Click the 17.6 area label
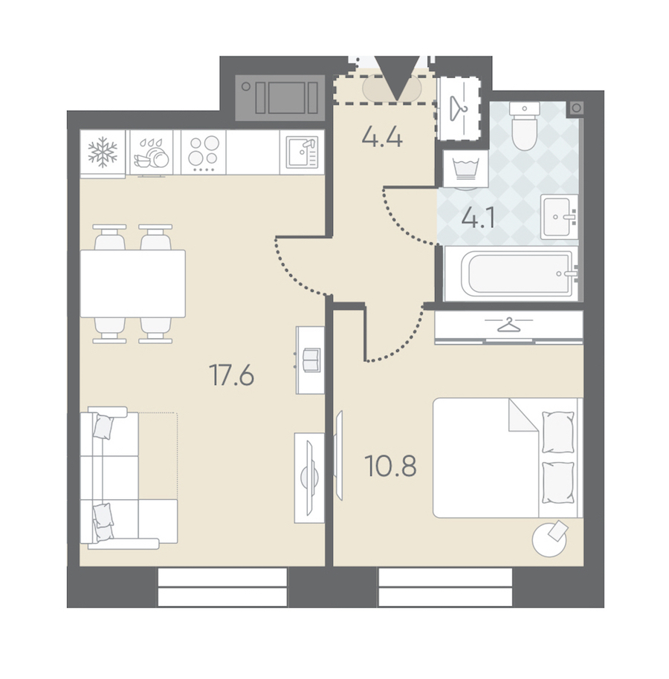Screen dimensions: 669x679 (x=231, y=375)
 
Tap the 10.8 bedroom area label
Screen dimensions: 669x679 (x=390, y=466)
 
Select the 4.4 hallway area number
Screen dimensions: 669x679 (x=382, y=137)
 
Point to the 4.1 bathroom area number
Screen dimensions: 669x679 (x=478, y=218)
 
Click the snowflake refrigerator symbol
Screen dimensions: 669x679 (x=103, y=152)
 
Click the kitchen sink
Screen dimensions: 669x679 (x=302, y=152)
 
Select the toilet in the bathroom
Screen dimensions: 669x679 (x=524, y=126)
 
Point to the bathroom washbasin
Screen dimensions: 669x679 (x=559, y=216)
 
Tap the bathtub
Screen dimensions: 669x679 (x=511, y=273)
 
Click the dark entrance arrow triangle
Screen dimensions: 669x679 (x=398, y=78)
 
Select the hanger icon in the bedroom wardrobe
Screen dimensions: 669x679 (x=508, y=325)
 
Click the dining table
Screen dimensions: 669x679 (x=132, y=284)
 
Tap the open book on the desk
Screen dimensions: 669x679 (x=311, y=360)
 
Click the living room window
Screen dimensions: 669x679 (x=222, y=587)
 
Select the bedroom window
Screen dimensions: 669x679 (x=445, y=587)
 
